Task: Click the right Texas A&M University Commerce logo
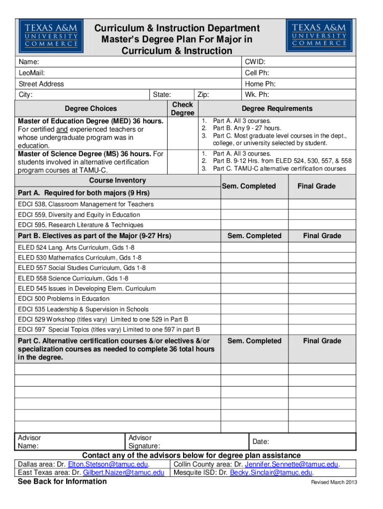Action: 319,36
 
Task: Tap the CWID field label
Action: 255,62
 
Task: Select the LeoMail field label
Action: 28,73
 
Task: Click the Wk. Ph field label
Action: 257,95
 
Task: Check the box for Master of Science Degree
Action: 182,162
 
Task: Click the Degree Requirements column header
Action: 277,109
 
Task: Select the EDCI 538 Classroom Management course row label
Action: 86,204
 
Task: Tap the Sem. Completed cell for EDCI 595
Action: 254,225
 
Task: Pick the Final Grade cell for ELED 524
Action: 322,247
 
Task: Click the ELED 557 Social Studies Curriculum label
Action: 82,268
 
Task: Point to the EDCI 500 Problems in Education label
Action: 64,299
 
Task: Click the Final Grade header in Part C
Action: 322,341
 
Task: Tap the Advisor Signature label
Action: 144,442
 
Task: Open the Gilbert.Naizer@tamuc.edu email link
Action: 123,473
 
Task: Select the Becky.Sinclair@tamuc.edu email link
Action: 271,473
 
